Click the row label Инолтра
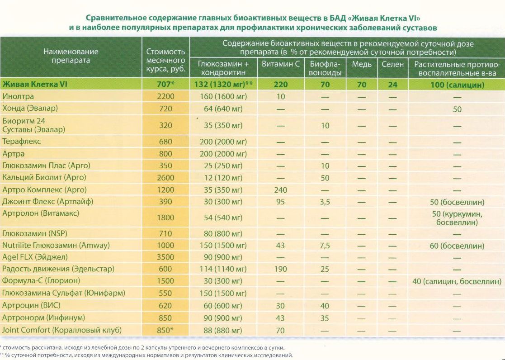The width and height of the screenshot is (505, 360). pyautogui.click(x=18, y=96)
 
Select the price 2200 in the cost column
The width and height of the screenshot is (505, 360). pyautogui.click(x=165, y=96)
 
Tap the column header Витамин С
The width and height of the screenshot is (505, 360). pyautogui.click(x=280, y=64)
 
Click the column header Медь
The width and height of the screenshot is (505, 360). pyautogui.click(x=362, y=64)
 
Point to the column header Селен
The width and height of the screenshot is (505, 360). pyautogui.click(x=392, y=64)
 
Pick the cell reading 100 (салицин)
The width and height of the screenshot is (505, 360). pyautogui.click(x=458, y=85)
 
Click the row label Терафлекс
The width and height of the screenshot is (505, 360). pyautogui.click(x=22, y=142)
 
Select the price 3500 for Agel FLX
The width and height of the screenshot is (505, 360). pyautogui.click(x=165, y=257)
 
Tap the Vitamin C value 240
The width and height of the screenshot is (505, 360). pyautogui.click(x=280, y=190)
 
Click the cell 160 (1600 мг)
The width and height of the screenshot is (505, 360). pyautogui.click(x=223, y=96)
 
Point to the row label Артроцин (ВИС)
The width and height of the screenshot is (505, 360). pyautogui.click(x=31, y=305)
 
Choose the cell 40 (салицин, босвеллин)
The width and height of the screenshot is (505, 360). pyautogui.click(x=457, y=281)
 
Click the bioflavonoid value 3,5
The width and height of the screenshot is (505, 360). pyautogui.click(x=325, y=202)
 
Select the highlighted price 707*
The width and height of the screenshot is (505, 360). pyautogui.click(x=165, y=85)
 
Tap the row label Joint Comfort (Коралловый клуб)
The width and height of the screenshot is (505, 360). pyautogui.click(x=62, y=330)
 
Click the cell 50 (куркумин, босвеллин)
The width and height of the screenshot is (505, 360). pyautogui.click(x=457, y=218)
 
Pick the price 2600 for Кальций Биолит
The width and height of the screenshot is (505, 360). pyautogui.click(x=165, y=178)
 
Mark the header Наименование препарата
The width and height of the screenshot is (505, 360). pyautogui.click(x=71, y=56)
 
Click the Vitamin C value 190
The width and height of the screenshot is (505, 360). pyautogui.click(x=280, y=269)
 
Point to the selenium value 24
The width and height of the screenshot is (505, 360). pyautogui.click(x=392, y=85)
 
